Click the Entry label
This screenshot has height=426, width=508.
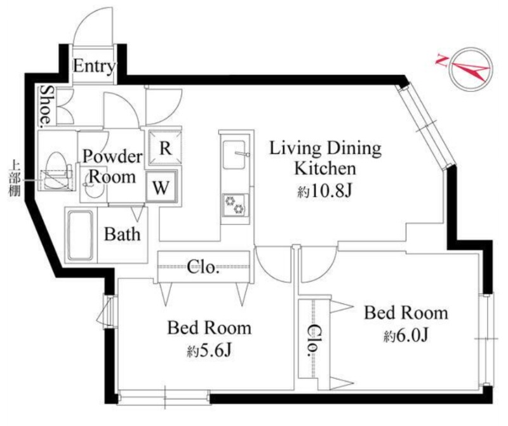94,66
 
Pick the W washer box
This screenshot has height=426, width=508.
161,186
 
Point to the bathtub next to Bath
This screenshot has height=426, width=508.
80,235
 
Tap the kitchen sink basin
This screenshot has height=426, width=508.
234,155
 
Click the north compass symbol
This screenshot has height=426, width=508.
470,70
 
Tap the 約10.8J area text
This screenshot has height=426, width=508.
324,191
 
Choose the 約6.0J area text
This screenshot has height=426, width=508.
406,336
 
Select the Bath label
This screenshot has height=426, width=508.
122,234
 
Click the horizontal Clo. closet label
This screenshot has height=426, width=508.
201,267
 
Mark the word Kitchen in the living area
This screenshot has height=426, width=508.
325,168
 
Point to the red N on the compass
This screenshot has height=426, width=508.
441,59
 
